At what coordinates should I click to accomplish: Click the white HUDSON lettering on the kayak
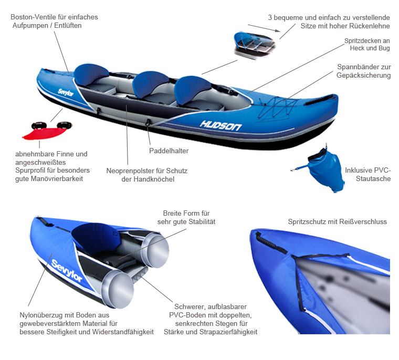point(220,125)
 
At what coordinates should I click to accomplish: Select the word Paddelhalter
point(169,151)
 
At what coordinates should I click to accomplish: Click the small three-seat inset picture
point(254,45)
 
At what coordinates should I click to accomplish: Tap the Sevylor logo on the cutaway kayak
point(67,271)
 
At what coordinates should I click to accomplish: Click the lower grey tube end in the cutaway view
point(118,289)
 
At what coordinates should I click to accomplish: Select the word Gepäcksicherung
point(364,76)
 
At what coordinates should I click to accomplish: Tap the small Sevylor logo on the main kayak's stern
point(66,92)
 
